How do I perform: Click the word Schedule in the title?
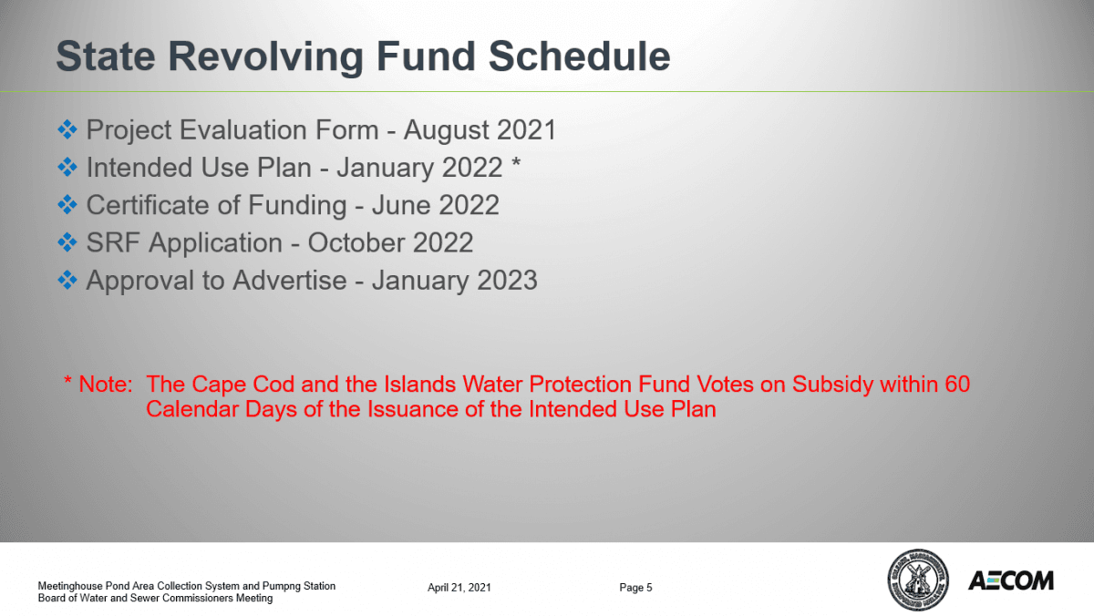pyautogui.click(x=581, y=56)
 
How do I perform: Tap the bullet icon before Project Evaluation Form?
pyautogui.click(x=67, y=129)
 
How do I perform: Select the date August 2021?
pyautogui.click(x=480, y=130)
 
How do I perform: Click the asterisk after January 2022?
pyautogui.click(x=516, y=167)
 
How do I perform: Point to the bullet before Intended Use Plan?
pyautogui.click(x=67, y=168)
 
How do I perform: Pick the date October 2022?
pyautogui.click(x=390, y=242)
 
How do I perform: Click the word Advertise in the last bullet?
pyautogui.click(x=290, y=280)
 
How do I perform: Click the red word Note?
pyautogui.click(x=105, y=385)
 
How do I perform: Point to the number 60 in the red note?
pyautogui.click(x=957, y=385)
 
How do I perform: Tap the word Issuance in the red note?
pyautogui.click(x=411, y=409)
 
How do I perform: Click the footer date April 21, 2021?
pyautogui.click(x=459, y=588)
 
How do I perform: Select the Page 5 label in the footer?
pyautogui.click(x=635, y=588)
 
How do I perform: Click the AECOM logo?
pyautogui.click(x=1010, y=580)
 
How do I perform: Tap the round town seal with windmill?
pyautogui.click(x=916, y=580)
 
